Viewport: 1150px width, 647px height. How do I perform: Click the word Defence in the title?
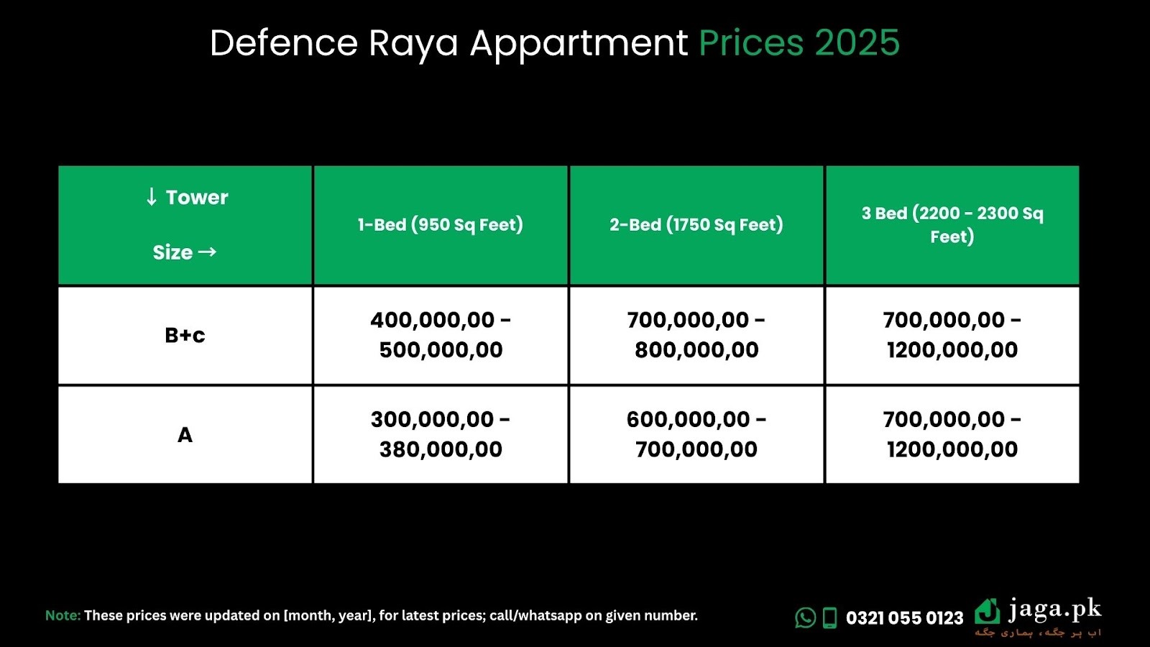[283, 42]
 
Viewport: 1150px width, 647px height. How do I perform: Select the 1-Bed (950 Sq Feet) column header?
[441, 225]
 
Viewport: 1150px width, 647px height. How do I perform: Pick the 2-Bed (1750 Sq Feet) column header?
[696, 225]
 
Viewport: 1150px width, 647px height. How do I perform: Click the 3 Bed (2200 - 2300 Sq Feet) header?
[952, 225]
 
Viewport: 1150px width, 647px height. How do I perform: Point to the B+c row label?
[185, 335]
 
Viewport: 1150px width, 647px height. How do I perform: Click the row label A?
[185, 435]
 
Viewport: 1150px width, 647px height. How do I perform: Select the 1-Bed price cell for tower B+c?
[441, 335]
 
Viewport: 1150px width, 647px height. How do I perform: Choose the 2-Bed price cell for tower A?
[696, 434]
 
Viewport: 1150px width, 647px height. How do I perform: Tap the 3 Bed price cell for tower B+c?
[952, 335]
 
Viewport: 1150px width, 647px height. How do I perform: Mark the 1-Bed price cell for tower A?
[441, 434]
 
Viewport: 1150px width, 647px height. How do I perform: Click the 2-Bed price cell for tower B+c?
[696, 335]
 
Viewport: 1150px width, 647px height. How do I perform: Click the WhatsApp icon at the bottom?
[805, 618]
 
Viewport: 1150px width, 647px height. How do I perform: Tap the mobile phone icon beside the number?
[829, 618]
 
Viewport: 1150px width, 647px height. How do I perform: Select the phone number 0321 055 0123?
[905, 618]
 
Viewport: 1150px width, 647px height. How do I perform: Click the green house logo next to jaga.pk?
[988, 612]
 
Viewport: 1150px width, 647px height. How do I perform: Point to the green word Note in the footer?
[63, 615]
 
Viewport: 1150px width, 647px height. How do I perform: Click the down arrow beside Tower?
[151, 197]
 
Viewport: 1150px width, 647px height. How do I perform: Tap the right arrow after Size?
[207, 252]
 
